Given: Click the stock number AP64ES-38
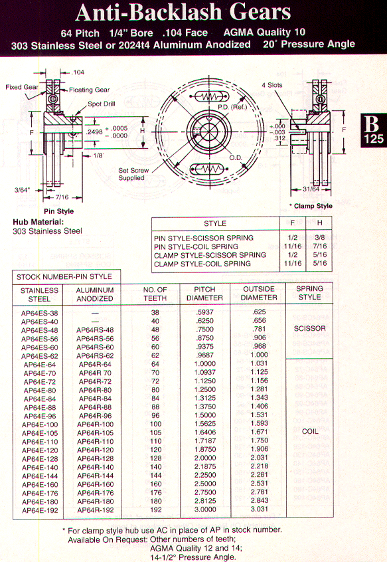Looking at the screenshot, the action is pos(39,314).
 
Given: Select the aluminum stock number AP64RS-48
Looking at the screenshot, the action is pos(95,330).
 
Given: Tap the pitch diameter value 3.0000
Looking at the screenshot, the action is pos(205,510).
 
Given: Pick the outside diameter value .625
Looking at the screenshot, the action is pos(259,312).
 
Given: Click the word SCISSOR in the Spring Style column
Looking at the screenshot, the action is pos(310,329).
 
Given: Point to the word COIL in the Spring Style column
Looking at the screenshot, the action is pos(310,432).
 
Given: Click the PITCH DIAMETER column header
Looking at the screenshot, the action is pos(204,294).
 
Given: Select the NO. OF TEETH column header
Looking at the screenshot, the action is pos(155,294).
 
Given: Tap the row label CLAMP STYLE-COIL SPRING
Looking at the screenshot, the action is pos(202,264).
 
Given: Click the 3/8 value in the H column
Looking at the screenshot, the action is pos(320,237).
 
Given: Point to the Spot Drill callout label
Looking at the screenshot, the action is pos(102,104).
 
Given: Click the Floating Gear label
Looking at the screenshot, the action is pos(89,90).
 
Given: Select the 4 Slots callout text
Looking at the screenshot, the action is pos(272,85).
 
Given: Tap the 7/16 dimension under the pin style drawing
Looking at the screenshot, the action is pos(62,197).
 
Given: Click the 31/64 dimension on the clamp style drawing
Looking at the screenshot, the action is pos(311,189).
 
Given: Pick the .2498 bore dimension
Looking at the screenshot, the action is pos(94,132).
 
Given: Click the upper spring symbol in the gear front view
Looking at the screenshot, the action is pos(210,97).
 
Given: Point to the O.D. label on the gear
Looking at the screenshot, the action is pos(236,158).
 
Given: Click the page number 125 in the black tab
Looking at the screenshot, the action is pos(374,139).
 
